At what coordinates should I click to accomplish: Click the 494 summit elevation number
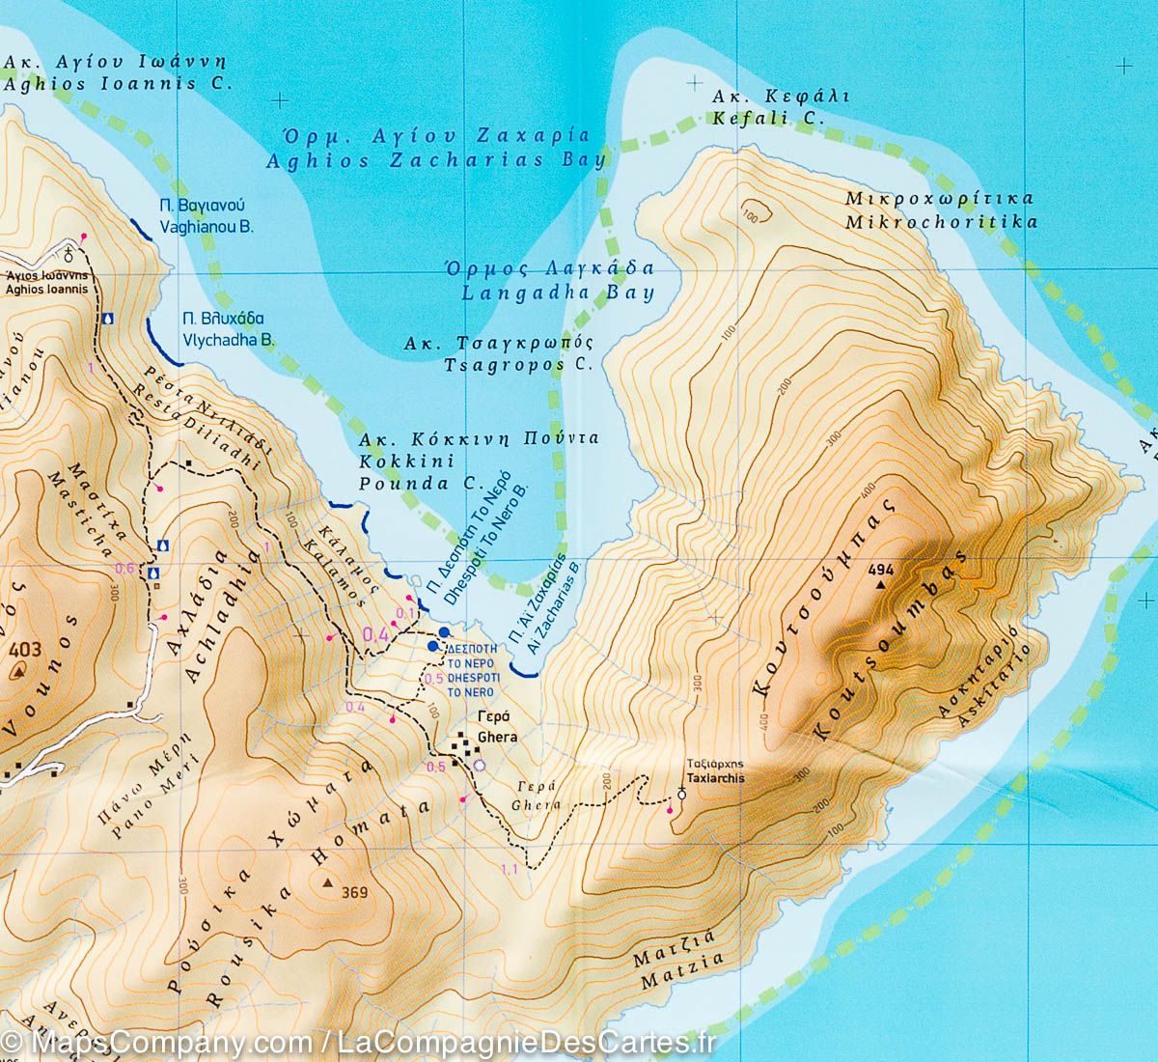[880, 571]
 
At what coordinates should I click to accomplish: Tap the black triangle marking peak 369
[328, 882]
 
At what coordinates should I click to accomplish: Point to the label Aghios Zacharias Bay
[435, 160]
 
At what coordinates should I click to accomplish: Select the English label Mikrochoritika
[940, 222]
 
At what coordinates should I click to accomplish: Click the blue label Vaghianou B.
[206, 228]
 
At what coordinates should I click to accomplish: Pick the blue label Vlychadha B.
[229, 340]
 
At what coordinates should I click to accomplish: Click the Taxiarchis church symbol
[682, 794]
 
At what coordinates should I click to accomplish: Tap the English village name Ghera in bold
[498, 737]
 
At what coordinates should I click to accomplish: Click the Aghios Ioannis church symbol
[69, 254]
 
